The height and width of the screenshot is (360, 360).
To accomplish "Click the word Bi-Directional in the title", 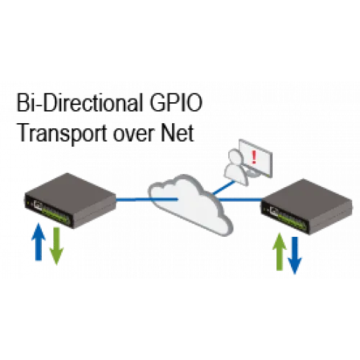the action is pos(80,103).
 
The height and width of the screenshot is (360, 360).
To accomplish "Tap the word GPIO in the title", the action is pos(176,103).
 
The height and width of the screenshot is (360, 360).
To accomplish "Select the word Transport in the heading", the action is pos(62,133).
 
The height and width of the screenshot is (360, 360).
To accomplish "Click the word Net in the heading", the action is pos(177,133).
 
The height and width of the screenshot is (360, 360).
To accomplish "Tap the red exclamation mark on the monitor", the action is pos(254,157).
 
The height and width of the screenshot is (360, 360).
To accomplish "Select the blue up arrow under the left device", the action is pos(38,241).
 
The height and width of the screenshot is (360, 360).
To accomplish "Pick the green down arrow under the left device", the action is pos(56,246).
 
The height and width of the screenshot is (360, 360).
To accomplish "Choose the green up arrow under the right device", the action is pos(279,251).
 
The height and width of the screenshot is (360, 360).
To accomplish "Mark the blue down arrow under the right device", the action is pos(294,256).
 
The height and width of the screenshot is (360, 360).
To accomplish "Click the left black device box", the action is pos(70,200).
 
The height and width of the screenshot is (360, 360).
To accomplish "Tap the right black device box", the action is pos(307,207).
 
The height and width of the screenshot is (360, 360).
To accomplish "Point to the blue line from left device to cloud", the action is pos(147,199).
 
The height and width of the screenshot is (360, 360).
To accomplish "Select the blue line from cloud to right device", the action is pos(240,199).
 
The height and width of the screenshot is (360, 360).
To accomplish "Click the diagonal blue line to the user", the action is pos(224,187).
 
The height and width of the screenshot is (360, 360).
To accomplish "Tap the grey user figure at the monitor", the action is pos(236,167).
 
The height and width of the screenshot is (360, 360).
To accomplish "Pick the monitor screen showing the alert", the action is pos(256,158).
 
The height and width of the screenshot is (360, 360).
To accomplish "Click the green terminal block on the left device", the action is pos(55,215).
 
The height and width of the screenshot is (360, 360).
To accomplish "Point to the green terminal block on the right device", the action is pos(292,221).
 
